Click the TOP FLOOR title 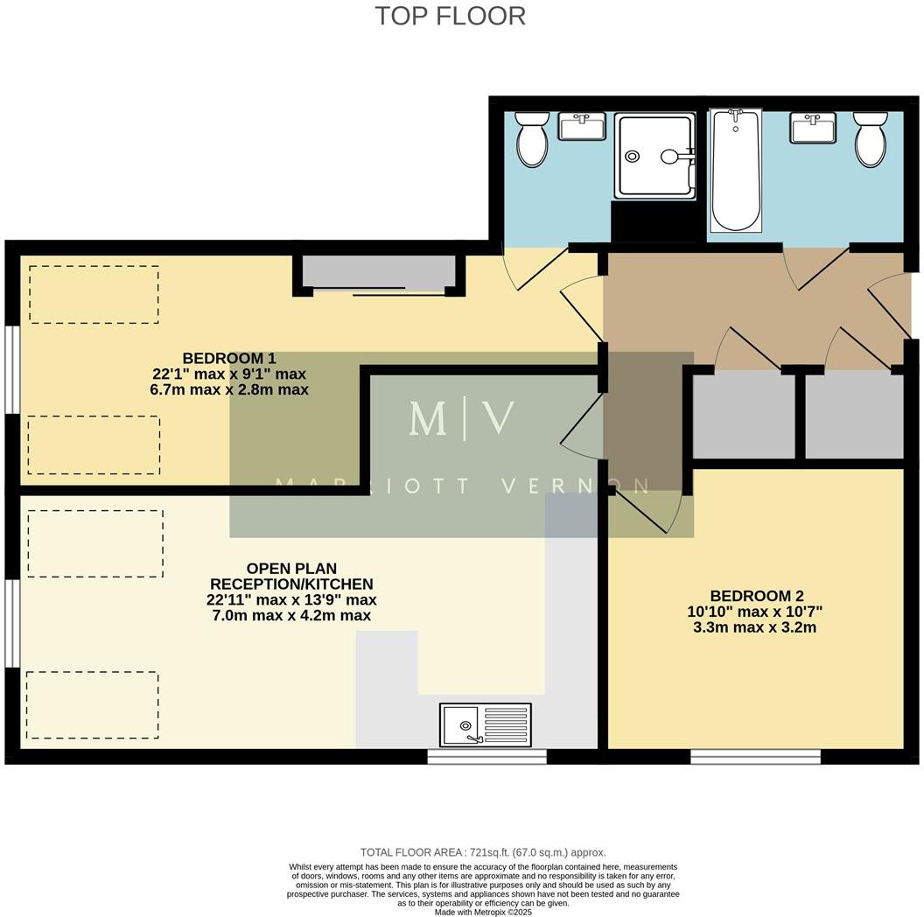[x=451, y=16]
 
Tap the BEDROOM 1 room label [x=229, y=358]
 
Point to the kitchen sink [x=485, y=724]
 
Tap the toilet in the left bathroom [x=531, y=140]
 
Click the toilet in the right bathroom [x=870, y=140]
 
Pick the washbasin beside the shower [x=582, y=128]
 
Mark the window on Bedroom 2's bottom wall [x=755, y=756]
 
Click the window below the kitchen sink [x=486, y=756]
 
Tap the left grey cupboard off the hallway [x=744, y=416]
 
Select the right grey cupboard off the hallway [x=853, y=416]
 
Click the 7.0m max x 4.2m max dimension [x=291, y=616]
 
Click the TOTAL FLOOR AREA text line [x=482, y=852]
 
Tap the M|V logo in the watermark [x=461, y=419]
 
